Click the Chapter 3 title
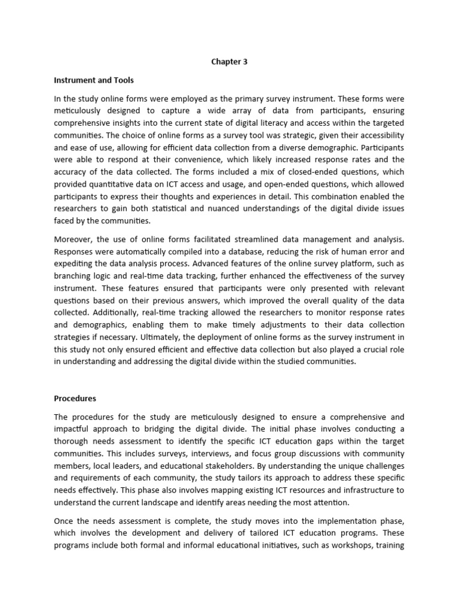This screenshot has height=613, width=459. (229, 60)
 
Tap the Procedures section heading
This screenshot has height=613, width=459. (75, 398)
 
